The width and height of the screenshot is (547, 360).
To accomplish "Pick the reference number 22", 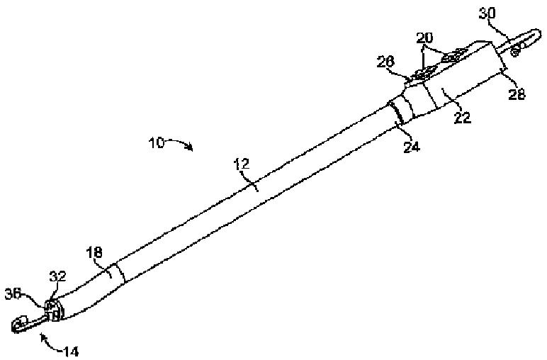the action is pos(462,118).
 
